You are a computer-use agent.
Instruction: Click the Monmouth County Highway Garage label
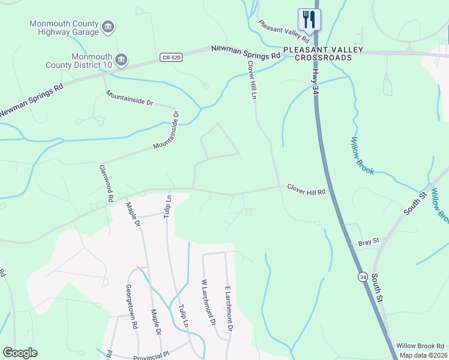pyautogui.click(x=64, y=28)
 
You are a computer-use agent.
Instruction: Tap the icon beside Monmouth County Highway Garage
pyautogui.click(x=109, y=26)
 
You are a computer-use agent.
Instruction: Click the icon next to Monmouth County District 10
pyautogui.click(x=121, y=59)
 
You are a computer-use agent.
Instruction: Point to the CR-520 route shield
pyautogui.click(x=170, y=58)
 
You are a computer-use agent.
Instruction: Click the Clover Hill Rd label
pyautogui.click(x=306, y=190)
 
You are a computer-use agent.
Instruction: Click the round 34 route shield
pyautogui.click(x=363, y=277)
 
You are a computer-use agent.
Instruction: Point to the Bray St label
pyautogui.click(x=369, y=242)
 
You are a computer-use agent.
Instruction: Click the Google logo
pyautogui.click(x=20, y=353)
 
